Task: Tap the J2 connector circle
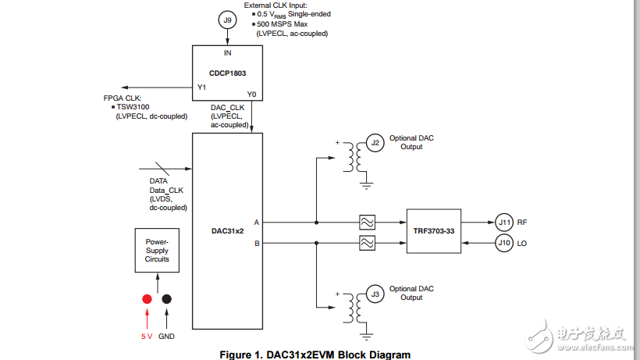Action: pyautogui.click(x=375, y=143)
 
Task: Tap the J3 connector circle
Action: pyautogui.click(x=375, y=294)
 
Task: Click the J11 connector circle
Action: pyautogui.click(x=504, y=223)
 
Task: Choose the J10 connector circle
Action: pyautogui.click(x=504, y=244)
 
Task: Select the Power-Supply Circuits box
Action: pyautogui.click(x=157, y=250)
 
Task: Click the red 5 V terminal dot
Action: pyautogui.click(x=146, y=299)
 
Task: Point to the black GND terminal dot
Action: pyautogui.click(x=166, y=299)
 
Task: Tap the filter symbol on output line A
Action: pyautogui.click(x=366, y=223)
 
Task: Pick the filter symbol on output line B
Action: pyautogui.click(x=366, y=244)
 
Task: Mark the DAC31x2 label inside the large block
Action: pyautogui.click(x=228, y=231)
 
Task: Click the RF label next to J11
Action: pyautogui.click(x=522, y=223)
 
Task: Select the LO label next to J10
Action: pyautogui.click(x=522, y=244)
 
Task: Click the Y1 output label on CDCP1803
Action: pyautogui.click(x=201, y=87)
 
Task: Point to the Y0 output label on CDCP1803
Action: pyautogui.click(x=251, y=94)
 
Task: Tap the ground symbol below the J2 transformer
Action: pyautogui.click(x=364, y=186)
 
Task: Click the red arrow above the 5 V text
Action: pyautogui.click(x=146, y=319)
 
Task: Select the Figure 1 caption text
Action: pyautogui.click(x=320, y=355)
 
